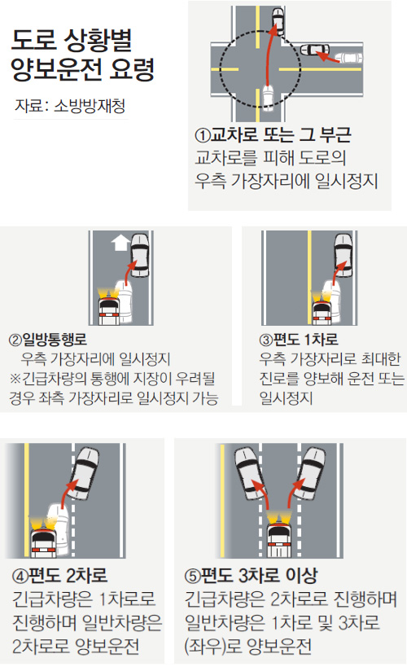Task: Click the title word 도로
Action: tap(34, 41)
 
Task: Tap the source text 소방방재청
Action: tap(90, 106)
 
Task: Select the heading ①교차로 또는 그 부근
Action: tap(273, 135)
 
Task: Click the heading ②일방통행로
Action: tap(48, 340)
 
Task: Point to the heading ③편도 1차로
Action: tap(299, 340)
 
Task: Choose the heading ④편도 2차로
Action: tap(60, 575)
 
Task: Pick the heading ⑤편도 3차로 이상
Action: tap(252, 576)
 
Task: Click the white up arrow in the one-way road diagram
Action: tap(120, 243)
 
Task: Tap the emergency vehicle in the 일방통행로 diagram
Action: tap(108, 307)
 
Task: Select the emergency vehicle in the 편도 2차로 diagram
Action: tap(44, 537)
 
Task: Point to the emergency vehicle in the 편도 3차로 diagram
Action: tap(279, 536)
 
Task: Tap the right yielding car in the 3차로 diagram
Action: tap(309, 473)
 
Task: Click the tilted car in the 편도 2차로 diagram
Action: tap(84, 473)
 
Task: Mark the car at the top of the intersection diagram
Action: tap(278, 20)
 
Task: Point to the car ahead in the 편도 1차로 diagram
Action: tap(343, 256)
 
